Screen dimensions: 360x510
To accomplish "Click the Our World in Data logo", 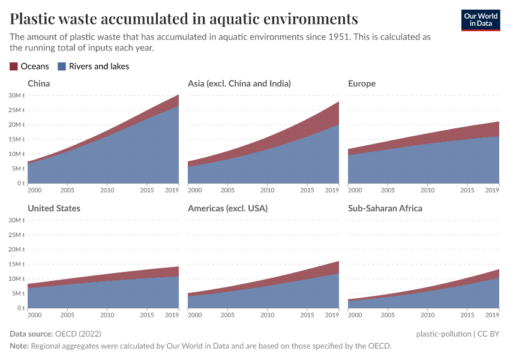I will (480, 19).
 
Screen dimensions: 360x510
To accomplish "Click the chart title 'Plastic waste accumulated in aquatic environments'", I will (184, 19).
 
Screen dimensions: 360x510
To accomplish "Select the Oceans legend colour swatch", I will (14, 67).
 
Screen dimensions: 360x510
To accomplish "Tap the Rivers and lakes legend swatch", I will (61, 67).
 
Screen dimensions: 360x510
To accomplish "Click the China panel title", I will (38, 83).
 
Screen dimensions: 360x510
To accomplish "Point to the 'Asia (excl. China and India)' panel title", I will (239, 83).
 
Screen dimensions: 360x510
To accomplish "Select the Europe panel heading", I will (361, 83).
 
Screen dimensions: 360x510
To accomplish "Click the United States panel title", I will (54, 208).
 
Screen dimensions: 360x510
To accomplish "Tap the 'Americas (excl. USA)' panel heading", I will (227, 208).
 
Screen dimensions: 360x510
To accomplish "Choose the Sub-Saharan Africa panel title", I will (385, 208).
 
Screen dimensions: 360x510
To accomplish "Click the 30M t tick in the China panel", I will (16, 95).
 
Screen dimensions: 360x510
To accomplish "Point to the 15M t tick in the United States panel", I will (16, 264).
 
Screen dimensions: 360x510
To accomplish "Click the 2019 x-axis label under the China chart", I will (172, 190).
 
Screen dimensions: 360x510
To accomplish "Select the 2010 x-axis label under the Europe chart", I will (427, 190).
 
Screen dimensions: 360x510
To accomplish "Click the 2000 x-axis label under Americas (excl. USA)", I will (195, 315).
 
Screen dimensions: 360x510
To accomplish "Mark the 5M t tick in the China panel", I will (18, 169).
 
